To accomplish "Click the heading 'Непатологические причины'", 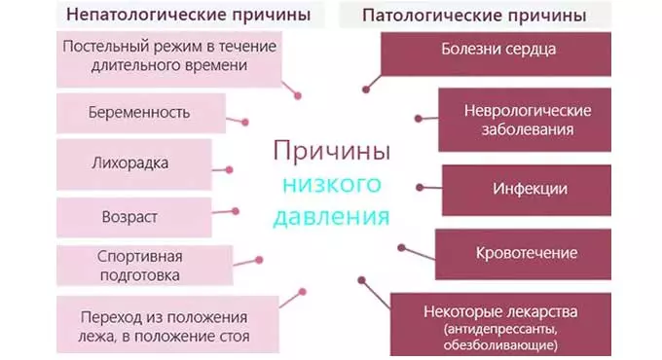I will click(x=181, y=16).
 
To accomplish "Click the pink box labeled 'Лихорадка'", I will click(x=129, y=162).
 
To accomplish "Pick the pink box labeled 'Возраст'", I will click(x=129, y=214).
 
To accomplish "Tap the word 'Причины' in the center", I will click(x=332, y=151).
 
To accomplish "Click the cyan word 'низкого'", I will click(x=330, y=183).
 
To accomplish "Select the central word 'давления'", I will click(x=330, y=215).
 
